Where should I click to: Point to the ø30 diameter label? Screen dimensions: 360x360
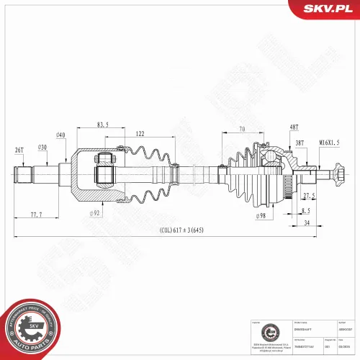click(x=42, y=148)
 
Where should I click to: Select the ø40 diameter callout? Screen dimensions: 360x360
click(x=60, y=135)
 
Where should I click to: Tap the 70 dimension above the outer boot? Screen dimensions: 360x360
click(x=241, y=129)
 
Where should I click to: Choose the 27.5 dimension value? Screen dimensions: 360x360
click(x=310, y=196)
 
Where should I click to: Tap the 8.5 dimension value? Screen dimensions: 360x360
click(x=306, y=210)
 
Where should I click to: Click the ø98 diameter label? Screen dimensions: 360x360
click(x=261, y=215)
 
